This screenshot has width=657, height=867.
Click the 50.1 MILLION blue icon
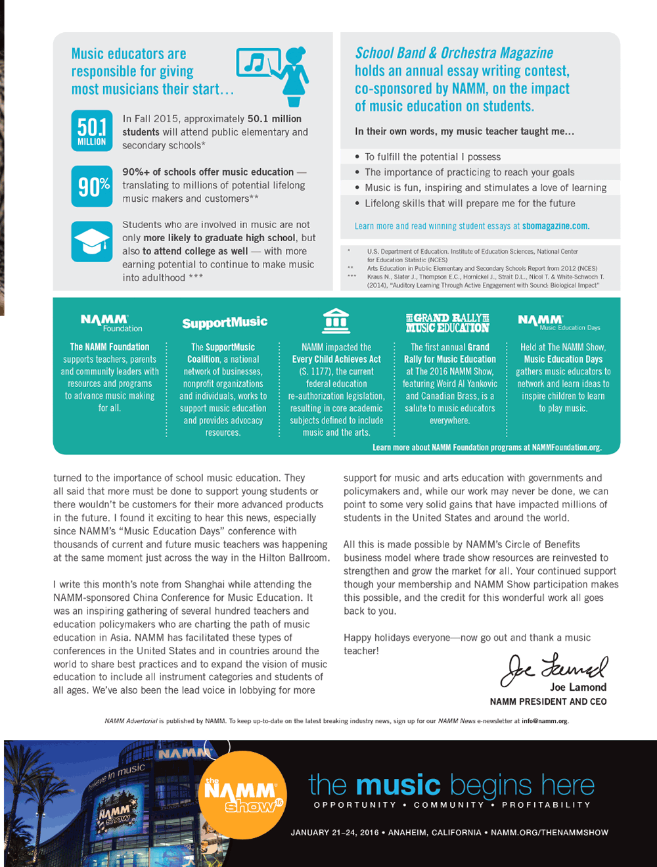click(91, 131)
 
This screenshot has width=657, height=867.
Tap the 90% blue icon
click(91, 187)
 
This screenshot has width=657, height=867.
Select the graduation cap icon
click(91, 241)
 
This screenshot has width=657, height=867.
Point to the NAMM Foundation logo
click(110, 323)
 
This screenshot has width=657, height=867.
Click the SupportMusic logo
click(224, 323)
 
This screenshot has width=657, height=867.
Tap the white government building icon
click(336, 321)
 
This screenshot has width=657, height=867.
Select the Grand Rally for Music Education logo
click(447, 323)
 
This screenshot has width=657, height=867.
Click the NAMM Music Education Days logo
click(558, 322)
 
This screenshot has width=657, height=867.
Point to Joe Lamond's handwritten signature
click(553, 668)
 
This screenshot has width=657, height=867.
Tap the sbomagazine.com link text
click(555, 226)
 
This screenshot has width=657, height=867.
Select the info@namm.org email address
click(544, 721)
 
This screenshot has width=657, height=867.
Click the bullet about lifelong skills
click(470, 204)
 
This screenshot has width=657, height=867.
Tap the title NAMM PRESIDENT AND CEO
click(548, 702)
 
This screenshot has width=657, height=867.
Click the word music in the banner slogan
click(398, 785)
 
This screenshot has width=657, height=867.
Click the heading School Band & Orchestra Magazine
click(454, 53)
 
